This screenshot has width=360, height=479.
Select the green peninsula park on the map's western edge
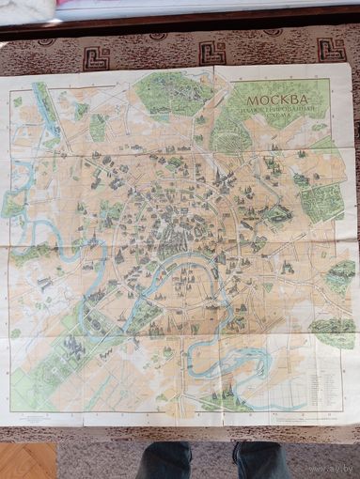click(16, 202)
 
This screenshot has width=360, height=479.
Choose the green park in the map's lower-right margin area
click(331, 329)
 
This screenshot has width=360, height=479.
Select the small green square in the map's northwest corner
click(17, 101)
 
